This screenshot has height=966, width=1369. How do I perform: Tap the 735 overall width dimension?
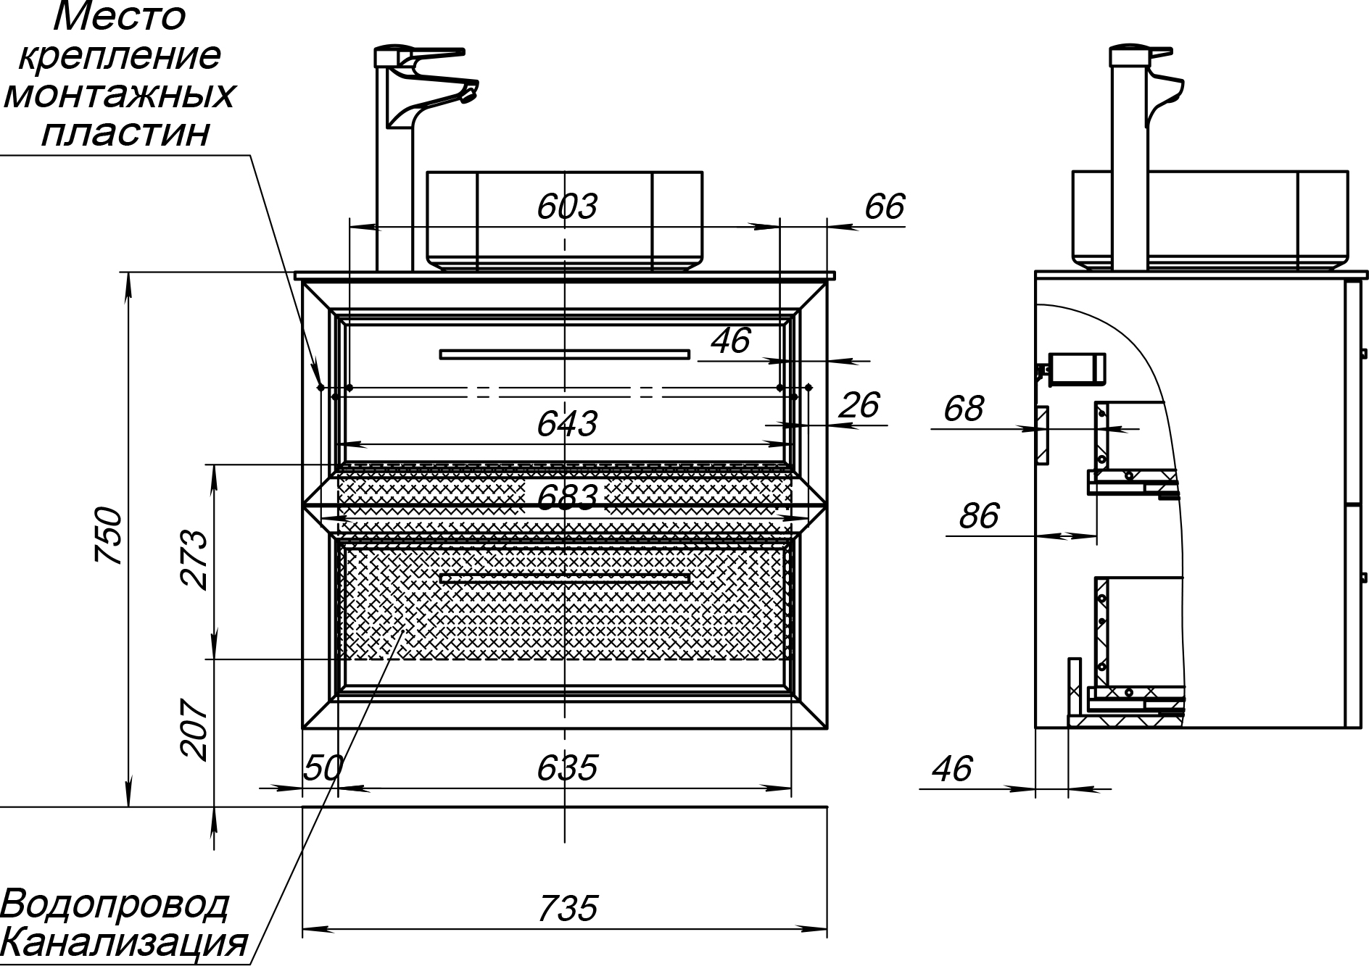(568, 908)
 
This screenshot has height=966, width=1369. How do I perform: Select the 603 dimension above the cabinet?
(567, 207)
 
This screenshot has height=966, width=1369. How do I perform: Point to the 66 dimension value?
(885, 207)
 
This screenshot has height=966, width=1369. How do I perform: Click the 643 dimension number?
(567, 424)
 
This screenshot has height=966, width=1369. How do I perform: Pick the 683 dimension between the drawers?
(567, 498)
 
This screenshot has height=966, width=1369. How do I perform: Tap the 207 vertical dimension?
(195, 730)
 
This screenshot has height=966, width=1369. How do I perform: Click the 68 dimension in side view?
(964, 409)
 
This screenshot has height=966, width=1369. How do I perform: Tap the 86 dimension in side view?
(979, 516)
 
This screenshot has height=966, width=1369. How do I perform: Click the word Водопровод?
(115, 905)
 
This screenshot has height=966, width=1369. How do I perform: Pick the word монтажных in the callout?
(120, 95)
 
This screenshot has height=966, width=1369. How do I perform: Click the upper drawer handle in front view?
(565, 354)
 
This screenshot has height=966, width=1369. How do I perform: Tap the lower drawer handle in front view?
(565, 578)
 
